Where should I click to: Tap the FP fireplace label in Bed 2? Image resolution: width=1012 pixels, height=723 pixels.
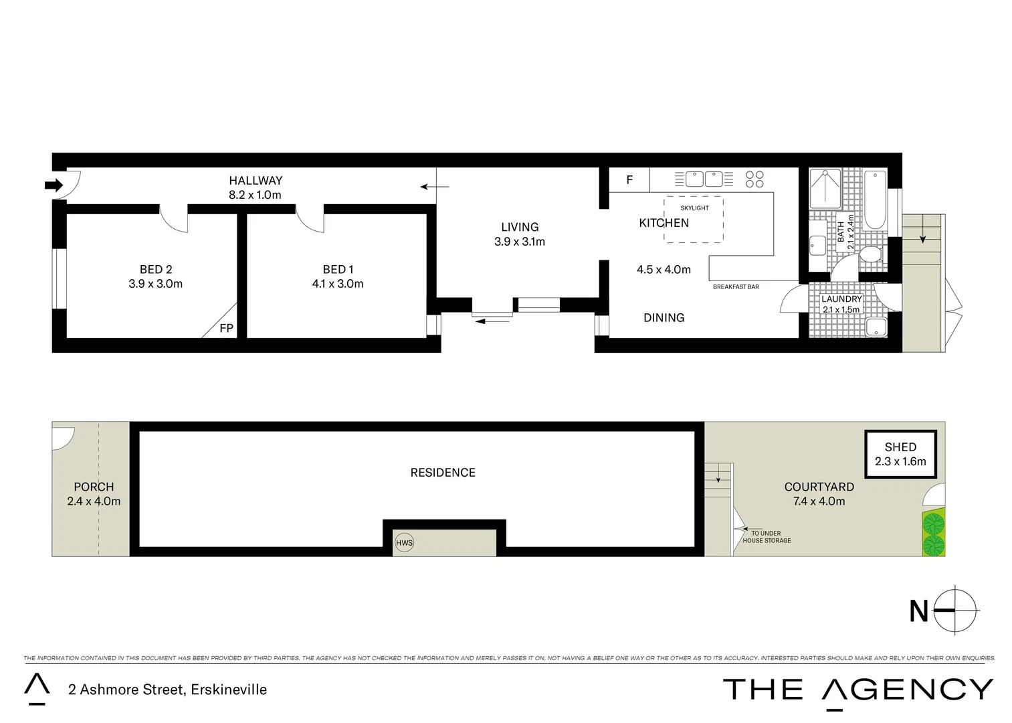coord(226,328)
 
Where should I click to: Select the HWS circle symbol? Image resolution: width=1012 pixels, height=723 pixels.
coord(404,543)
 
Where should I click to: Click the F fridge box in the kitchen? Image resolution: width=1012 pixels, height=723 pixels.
coord(629,180)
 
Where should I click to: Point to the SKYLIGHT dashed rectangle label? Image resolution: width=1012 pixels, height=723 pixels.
coord(694,208)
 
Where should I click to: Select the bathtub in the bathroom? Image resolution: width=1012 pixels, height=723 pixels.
coord(875,200)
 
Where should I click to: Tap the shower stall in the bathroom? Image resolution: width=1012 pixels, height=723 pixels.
coord(825,189)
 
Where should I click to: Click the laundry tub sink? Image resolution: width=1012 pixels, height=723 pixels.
coord(876,327)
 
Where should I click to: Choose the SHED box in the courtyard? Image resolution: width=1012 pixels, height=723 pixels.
coord(900,454)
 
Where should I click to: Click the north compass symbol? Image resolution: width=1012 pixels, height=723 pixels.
coord(955,611)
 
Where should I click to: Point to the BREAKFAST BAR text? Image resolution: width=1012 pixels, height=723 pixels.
coord(736,287)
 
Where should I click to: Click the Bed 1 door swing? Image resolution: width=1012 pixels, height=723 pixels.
coord(310,218)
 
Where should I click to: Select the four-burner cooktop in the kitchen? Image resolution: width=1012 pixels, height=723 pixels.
coord(754,179)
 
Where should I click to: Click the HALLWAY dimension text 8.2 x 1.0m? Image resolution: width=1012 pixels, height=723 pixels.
coord(255,195)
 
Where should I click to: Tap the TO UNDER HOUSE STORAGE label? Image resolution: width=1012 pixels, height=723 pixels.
coord(767,537)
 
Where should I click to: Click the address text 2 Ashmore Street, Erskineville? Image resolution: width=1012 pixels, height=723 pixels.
coord(167,690)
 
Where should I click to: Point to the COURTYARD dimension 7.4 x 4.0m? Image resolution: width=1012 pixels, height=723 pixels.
coord(819,501)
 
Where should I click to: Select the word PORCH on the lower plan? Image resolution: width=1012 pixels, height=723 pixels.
coord(94,487)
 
